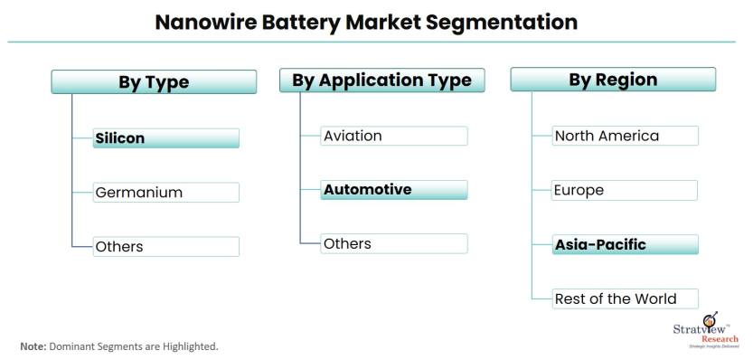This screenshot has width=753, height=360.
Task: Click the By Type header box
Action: [153, 82]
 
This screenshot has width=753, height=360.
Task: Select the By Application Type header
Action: [381, 81]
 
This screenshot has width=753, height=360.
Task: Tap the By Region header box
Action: [613, 80]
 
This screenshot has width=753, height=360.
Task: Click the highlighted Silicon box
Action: [166, 138]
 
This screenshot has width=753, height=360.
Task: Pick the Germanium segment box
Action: [166, 192]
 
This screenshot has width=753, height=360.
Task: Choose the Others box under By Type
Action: [166, 246]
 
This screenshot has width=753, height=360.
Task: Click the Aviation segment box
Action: [394, 136]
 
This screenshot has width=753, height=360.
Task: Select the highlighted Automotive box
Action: [394, 190]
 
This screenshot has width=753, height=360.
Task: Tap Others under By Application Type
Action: [394, 243]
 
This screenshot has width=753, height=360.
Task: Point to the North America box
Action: [626, 136]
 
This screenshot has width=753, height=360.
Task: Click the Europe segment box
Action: [626, 190]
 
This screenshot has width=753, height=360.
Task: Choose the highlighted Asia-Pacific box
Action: [626, 244]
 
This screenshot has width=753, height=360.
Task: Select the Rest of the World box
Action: [626, 298]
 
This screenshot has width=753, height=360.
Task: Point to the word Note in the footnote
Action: [33, 346]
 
